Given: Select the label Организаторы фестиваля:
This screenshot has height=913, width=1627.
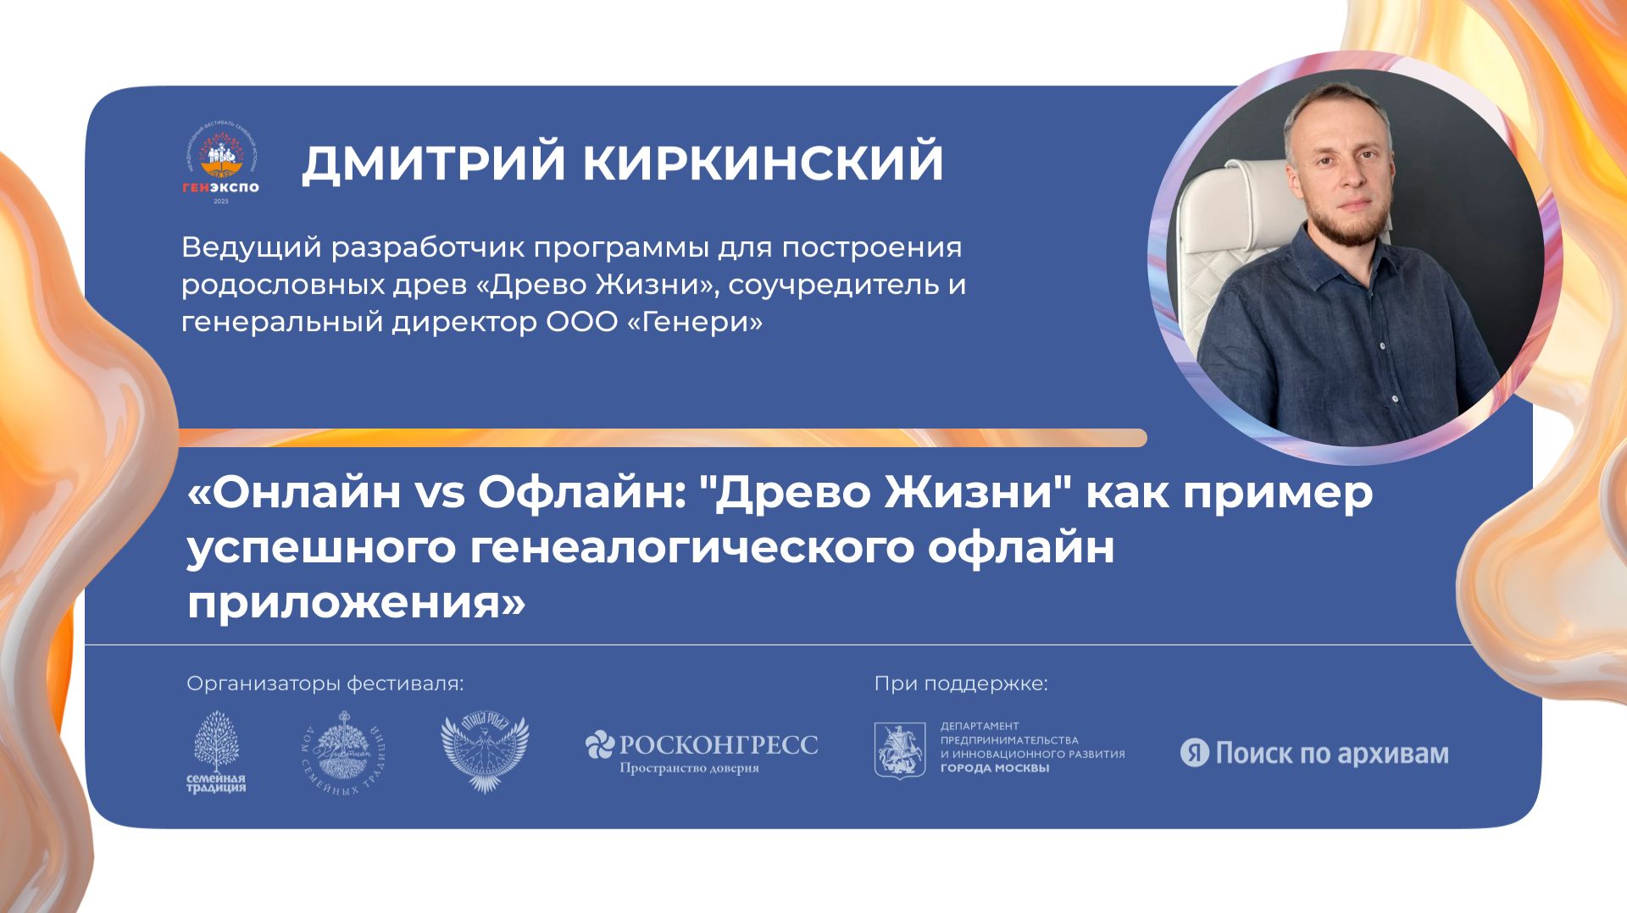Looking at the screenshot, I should click(x=325, y=683).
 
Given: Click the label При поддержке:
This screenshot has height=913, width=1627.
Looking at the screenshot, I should click(x=961, y=683).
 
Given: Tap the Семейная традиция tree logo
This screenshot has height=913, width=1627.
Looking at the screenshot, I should click(x=216, y=751).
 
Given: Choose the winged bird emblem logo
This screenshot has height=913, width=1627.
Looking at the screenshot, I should click(x=484, y=753).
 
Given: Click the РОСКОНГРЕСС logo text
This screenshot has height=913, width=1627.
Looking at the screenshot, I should click(x=719, y=744).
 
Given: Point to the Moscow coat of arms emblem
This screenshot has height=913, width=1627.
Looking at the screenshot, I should click(x=900, y=750).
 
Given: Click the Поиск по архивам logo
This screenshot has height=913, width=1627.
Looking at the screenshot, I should click(x=1314, y=753).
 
